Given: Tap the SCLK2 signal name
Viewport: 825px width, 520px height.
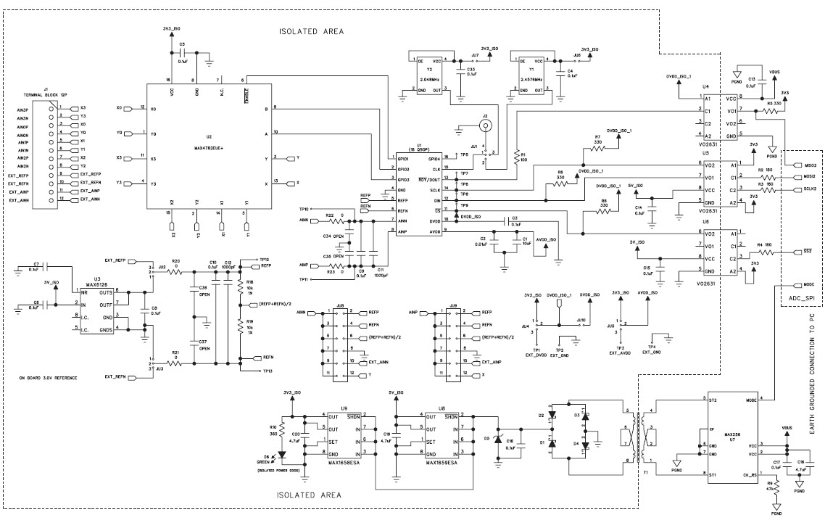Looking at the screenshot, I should click(811, 189).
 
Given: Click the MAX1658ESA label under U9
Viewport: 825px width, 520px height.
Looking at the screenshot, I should click(345, 461).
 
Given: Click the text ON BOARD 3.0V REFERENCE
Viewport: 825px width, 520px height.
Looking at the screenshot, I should click(49, 379).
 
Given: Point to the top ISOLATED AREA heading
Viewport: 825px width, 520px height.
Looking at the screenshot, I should click(311, 32).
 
